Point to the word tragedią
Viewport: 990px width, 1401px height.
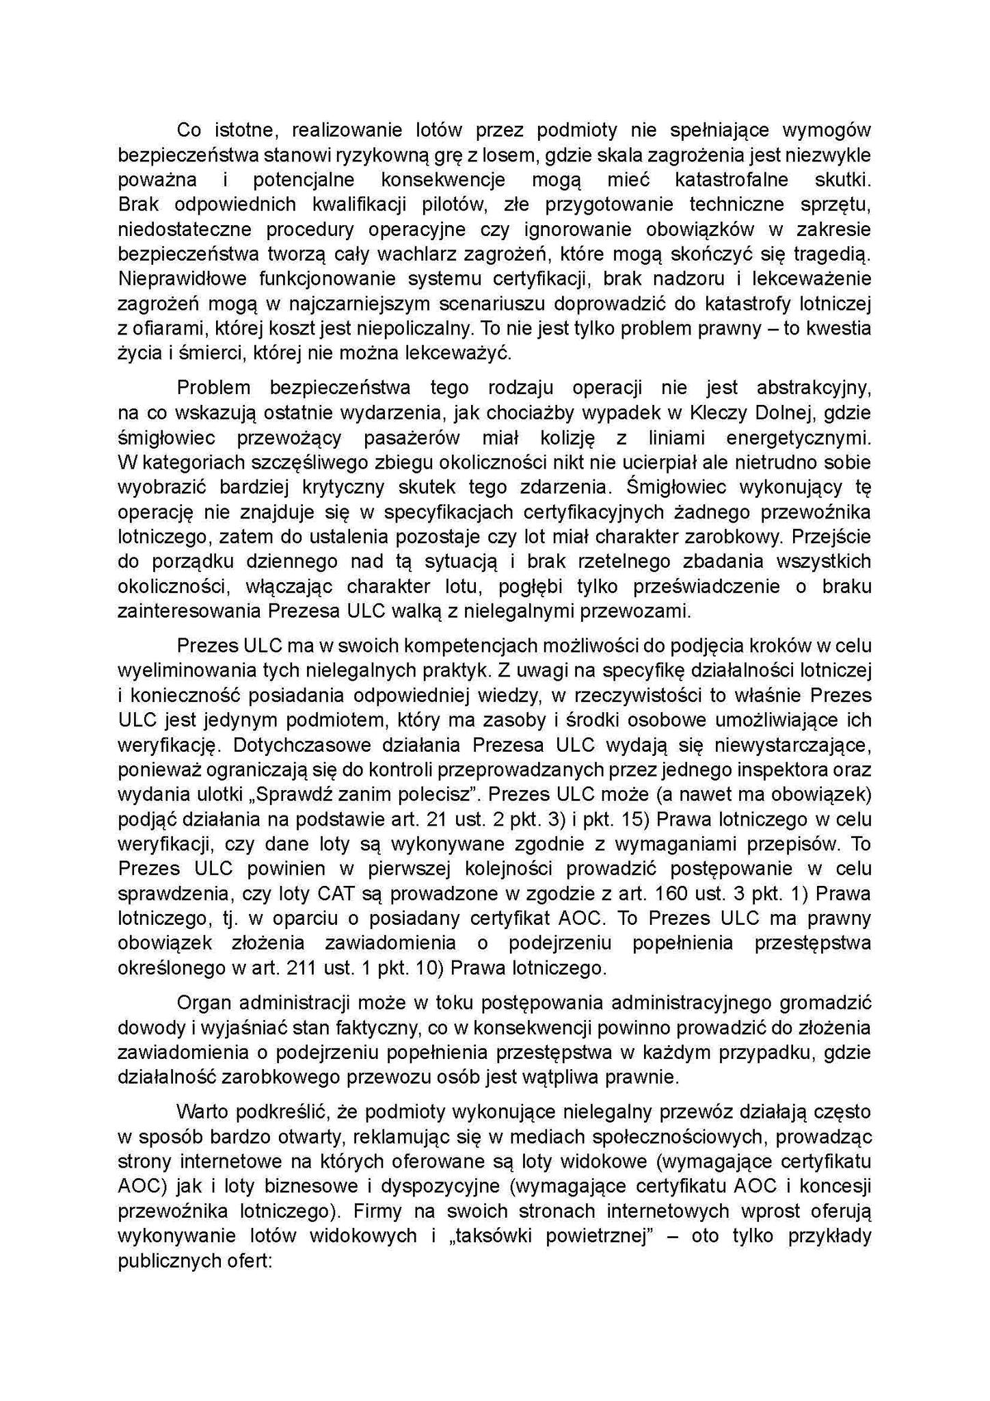tap(832, 254)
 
